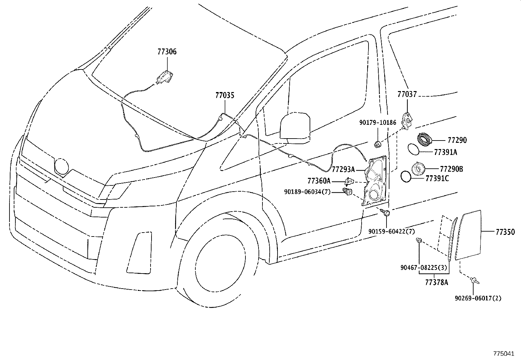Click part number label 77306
[x=167, y=51]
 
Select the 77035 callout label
[x=225, y=95]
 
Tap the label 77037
[x=407, y=94]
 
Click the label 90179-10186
[x=377, y=123]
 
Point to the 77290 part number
[x=457, y=140]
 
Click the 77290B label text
[x=451, y=169]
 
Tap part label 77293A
[x=343, y=169]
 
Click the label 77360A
[x=319, y=181]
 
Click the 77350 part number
[x=505, y=232]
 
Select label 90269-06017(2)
[x=478, y=298]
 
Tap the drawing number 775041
[x=504, y=354]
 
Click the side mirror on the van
[x=295, y=128]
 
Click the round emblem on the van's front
[x=61, y=166]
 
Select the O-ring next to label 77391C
[x=406, y=177]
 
